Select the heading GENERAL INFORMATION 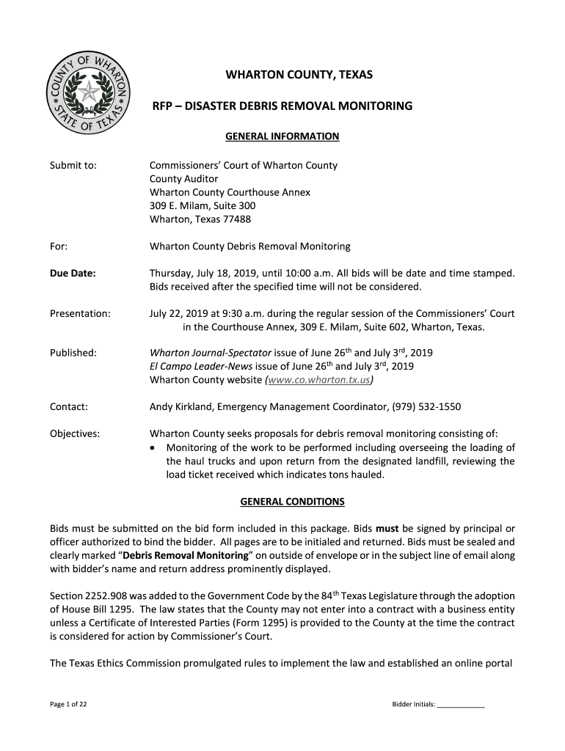click(x=282, y=136)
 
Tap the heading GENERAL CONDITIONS click(x=282, y=502)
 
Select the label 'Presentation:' click(x=80, y=314)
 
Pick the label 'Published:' click(x=73, y=353)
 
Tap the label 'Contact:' click(x=69, y=407)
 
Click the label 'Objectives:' click(x=75, y=433)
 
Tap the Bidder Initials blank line click(x=461, y=706)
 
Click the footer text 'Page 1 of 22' click(x=69, y=705)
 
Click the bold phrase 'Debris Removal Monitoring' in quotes click(x=186, y=556)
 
